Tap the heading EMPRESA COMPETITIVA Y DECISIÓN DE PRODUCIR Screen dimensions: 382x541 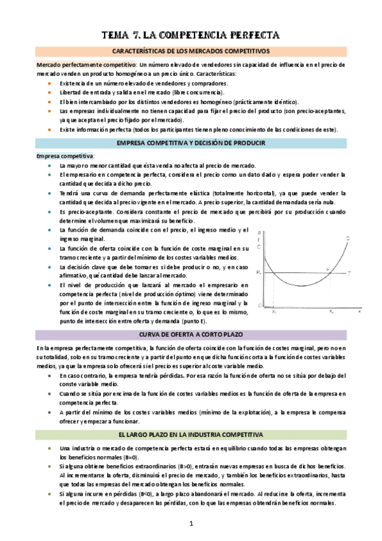(x=191, y=143)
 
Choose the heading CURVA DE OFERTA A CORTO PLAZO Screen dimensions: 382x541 (x=191, y=335)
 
